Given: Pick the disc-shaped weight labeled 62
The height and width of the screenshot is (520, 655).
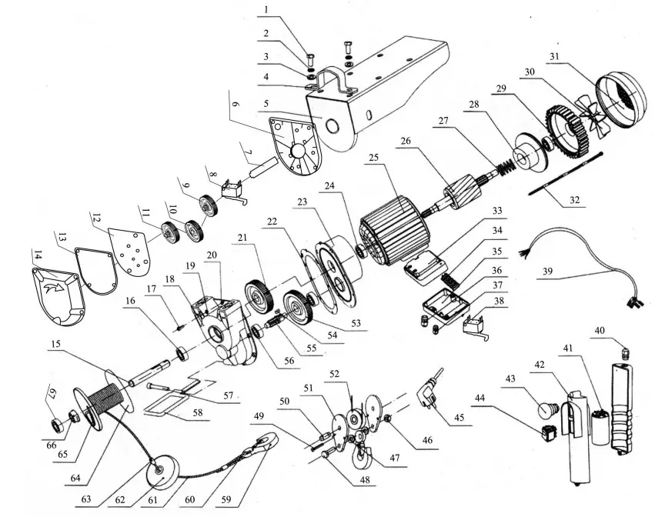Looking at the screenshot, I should pyautogui.click(x=163, y=472).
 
